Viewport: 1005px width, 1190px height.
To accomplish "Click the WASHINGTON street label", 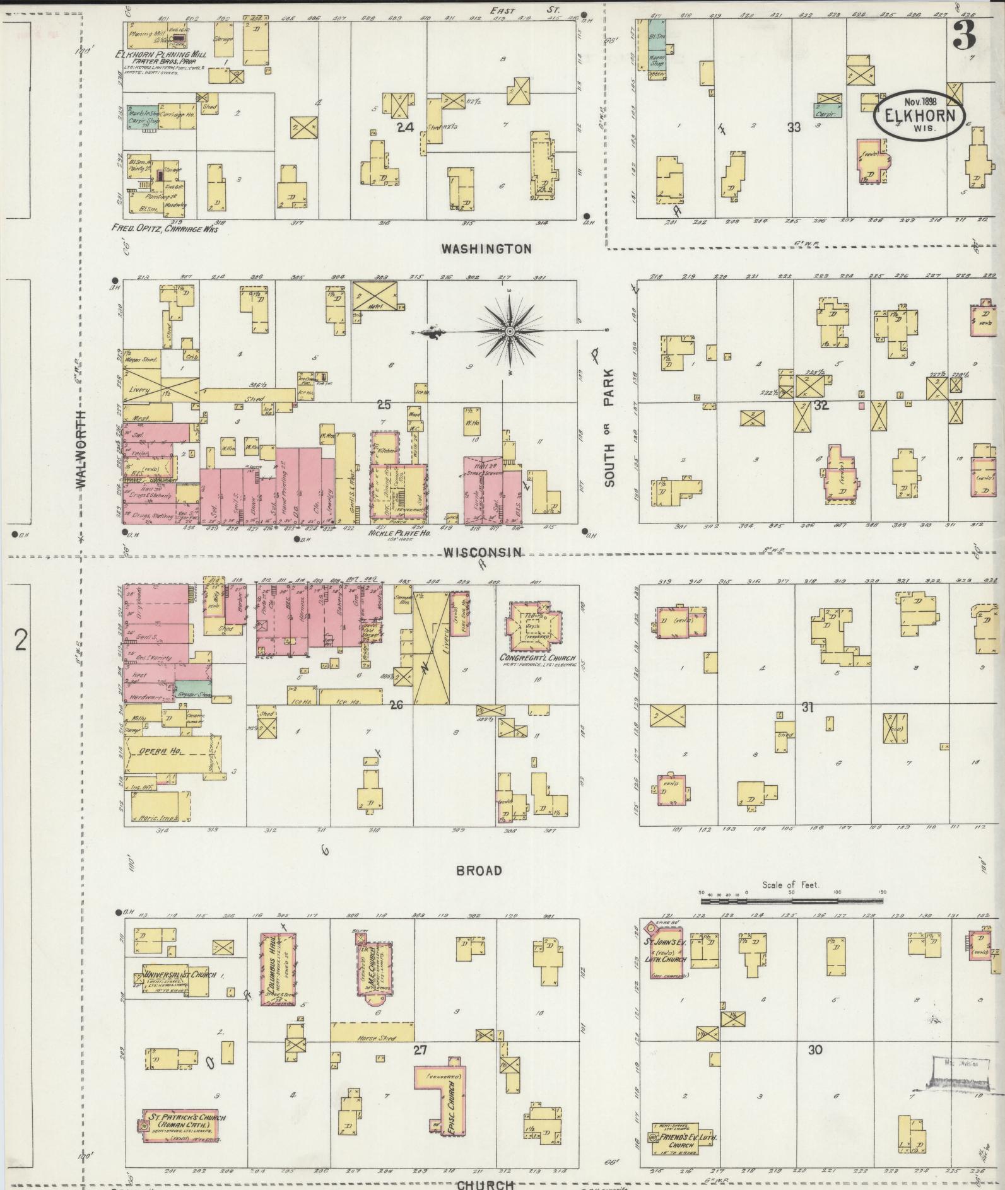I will tap(486, 249).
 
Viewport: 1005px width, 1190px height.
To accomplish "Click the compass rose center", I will tap(509, 330).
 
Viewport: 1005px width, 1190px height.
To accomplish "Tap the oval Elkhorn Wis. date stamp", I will tap(921, 115).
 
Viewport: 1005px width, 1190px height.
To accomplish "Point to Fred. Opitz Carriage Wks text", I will tap(165, 230).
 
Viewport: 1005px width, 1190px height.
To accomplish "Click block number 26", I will tap(396, 704).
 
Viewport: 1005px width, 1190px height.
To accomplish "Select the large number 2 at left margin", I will tap(21, 641).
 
